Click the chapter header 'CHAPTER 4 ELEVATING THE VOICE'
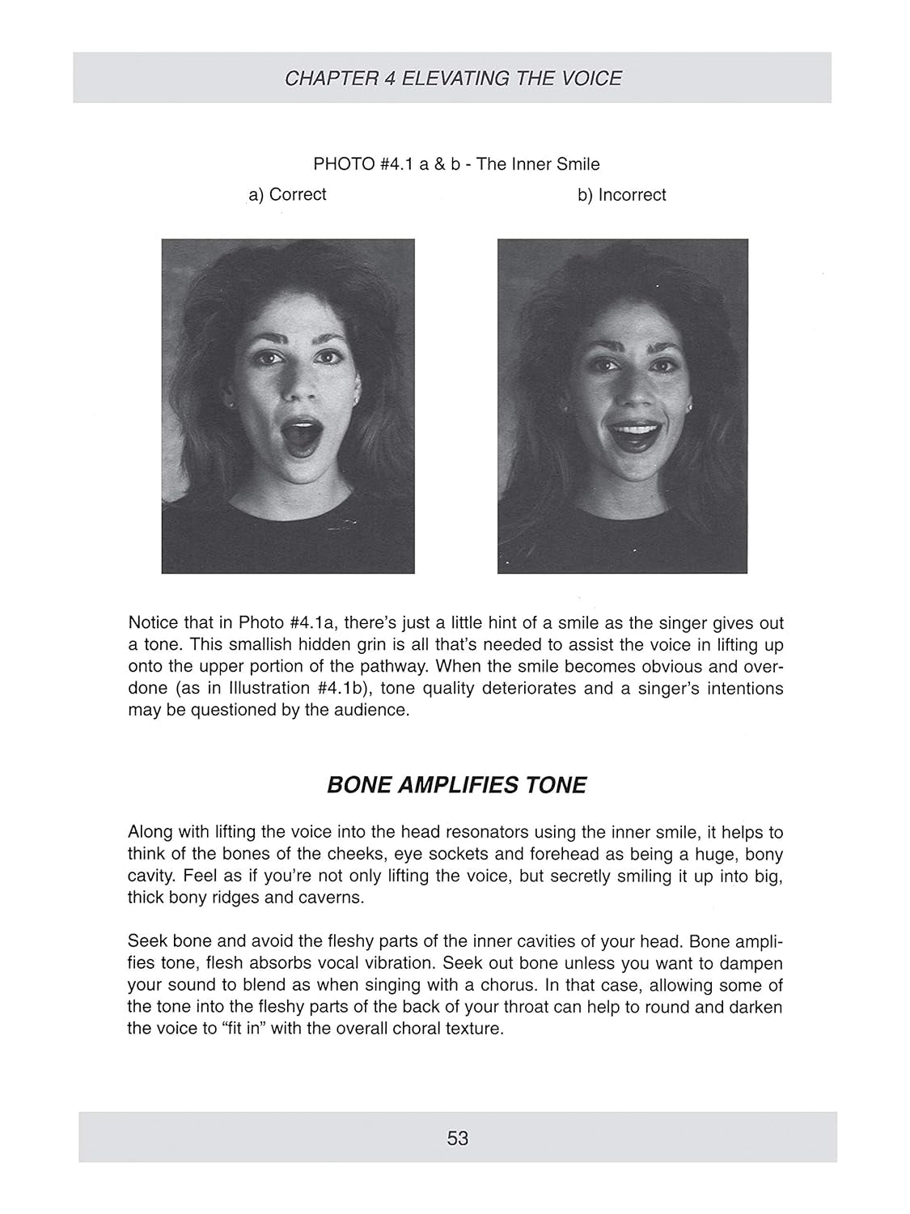click(453, 79)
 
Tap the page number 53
click(457, 1138)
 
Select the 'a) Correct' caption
click(288, 195)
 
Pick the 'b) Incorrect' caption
click(621, 195)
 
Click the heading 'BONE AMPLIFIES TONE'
click(456, 785)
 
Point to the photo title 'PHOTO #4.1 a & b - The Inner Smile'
click(456, 164)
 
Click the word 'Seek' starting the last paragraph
click(145, 943)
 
